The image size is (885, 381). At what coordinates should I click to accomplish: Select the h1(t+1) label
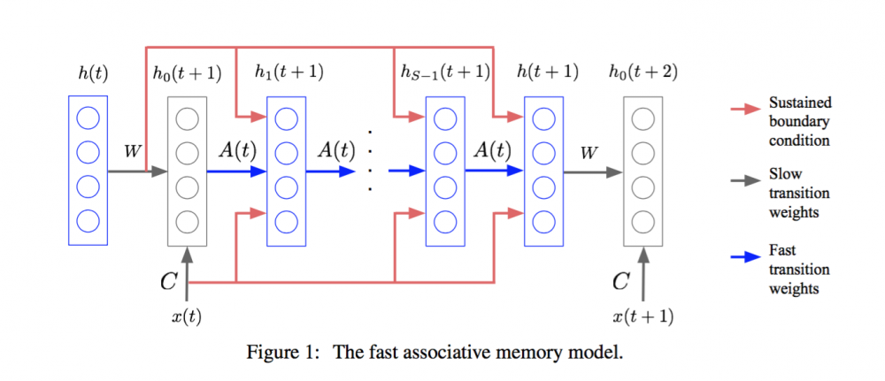pyautogui.click(x=289, y=73)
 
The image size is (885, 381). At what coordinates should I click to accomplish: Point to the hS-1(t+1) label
pyautogui.click(x=444, y=73)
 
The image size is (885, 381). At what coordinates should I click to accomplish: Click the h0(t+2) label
pyautogui.click(x=643, y=73)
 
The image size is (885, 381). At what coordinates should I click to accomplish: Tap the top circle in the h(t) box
pyautogui.click(x=87, y=118)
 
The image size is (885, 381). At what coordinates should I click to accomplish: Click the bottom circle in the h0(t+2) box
pyautogui.click(x=643, y=220)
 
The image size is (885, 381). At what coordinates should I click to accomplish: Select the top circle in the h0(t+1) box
pyautogui.click(x=186, y=118)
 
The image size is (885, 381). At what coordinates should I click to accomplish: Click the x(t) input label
pyautogui.click(x=186, y=317)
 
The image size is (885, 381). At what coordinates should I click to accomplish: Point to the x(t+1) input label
pyautogui.click(x=643, y=317)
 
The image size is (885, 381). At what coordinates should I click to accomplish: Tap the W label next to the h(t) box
pyautogui.click(x=132, y=151)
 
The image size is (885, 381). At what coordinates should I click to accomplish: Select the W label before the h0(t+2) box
pyautogui.click(x=589, y=153)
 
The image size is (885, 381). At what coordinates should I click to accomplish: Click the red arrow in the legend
pyautogui.click(x=744, y=109)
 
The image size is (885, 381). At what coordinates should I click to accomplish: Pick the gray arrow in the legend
pyautogui.click(x=744, y=180)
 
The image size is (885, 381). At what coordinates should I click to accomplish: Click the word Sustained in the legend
pyautogui.click(x=800, y=103)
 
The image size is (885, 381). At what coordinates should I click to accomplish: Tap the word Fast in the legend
pyautogui.click(x=783, y=251)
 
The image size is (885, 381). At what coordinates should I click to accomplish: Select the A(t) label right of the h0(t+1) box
pyautogui.click(x=237, y=150)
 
